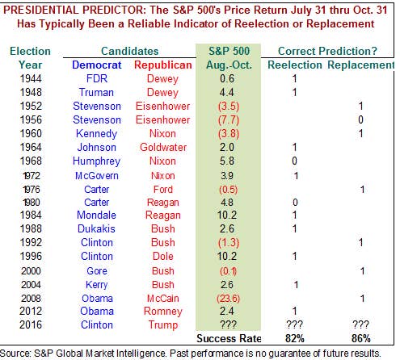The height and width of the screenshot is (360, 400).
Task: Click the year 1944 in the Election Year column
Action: pos(31,78)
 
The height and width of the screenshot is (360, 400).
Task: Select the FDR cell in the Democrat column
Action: pos(97,78)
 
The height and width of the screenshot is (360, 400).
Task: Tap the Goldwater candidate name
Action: pos(163,148)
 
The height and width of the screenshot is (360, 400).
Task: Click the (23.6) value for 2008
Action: pos(228,298)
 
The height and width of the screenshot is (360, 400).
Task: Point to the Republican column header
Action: pos(163,65)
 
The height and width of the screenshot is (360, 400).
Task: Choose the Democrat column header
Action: pos(97,65)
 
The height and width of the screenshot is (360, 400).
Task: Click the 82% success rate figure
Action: pos(295,338)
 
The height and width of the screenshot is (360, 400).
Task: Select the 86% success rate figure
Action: pos(361,338)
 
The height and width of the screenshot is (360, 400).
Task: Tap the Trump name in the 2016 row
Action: pos(163,324)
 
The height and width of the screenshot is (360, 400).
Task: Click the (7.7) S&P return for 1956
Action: pos(229,119)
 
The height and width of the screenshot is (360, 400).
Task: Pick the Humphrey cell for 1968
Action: pos(96,161)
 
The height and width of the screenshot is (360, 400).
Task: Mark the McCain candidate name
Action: pos(163,298)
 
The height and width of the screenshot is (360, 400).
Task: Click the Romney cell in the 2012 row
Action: pos(163,312)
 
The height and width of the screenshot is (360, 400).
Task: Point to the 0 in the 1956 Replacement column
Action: pos(360,119)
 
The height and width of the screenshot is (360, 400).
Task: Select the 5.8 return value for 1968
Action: pos(227,161)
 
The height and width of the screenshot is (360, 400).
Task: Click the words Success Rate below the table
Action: pos(229,338)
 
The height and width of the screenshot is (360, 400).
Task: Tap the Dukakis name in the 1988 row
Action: pos(96,228)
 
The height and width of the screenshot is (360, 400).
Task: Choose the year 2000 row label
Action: pos(31,270)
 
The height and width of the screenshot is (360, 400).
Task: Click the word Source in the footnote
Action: pos(15,354)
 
